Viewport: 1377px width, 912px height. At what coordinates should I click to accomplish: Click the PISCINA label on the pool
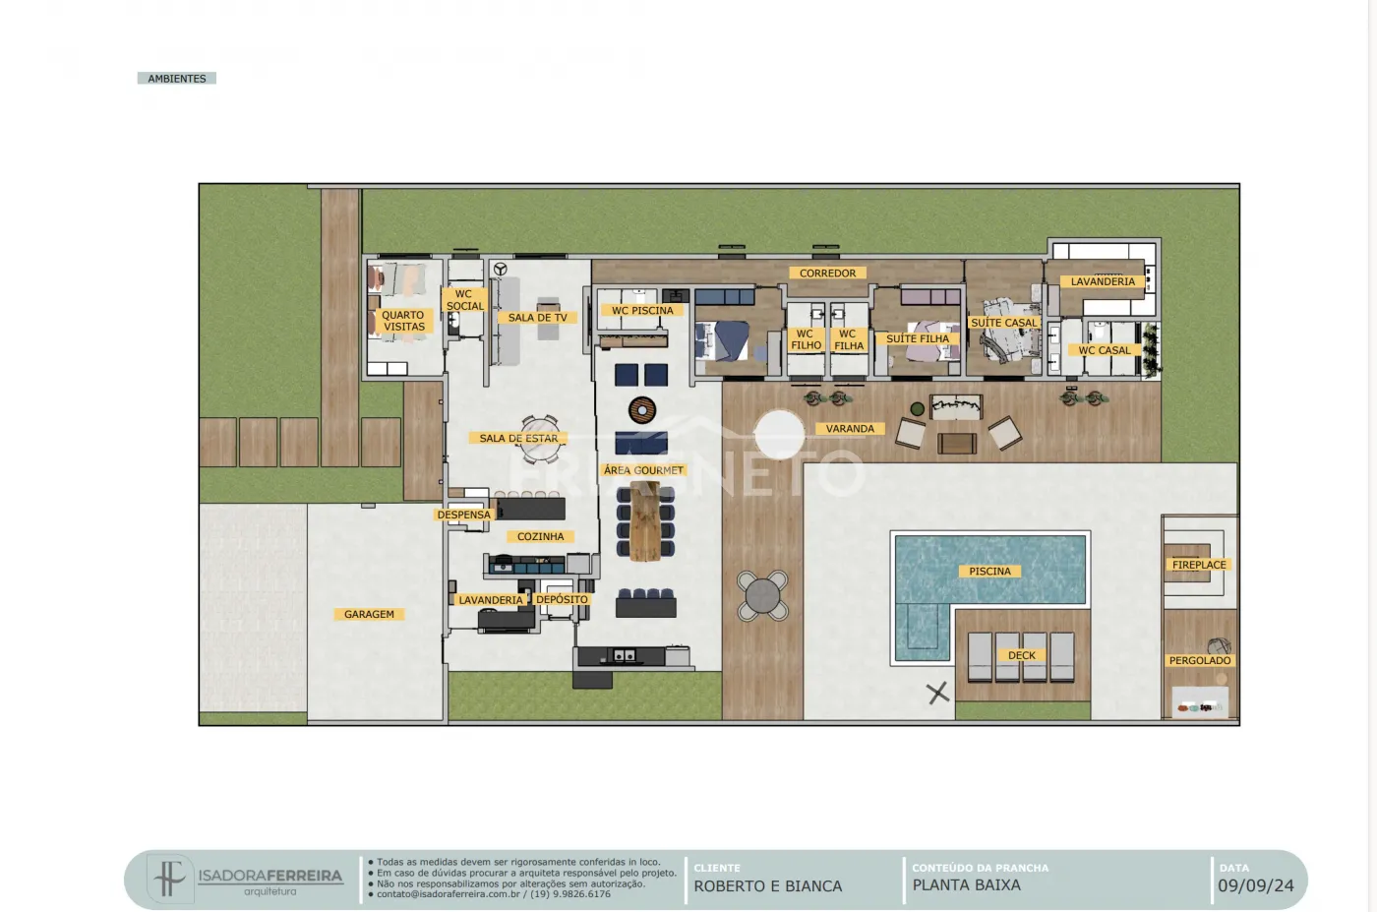point(989,572)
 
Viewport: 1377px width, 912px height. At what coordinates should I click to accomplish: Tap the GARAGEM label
point(369,614)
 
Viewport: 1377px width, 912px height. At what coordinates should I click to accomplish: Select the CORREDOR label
point(827,274)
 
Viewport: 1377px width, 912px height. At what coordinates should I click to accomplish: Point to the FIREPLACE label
point(1199,565)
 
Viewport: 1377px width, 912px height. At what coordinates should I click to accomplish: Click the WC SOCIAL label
point(464,300)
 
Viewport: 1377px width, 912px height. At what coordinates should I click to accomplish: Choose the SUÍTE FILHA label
point(917,338)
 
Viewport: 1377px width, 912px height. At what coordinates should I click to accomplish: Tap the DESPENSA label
point(463,515)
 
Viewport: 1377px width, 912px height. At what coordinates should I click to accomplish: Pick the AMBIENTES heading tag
point(176,78)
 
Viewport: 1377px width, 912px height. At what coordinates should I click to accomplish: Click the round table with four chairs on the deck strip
point(762,595)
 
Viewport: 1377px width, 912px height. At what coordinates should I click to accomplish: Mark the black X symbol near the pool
point(938,693)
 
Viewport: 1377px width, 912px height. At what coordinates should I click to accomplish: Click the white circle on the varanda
point(779,434)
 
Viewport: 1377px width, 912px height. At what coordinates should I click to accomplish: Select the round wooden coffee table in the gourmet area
point(641,410)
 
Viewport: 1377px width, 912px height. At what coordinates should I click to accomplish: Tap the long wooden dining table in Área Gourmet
point(645,521)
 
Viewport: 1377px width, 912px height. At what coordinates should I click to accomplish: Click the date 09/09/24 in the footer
point(1256,885)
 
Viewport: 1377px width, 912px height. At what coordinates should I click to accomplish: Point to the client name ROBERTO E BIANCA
point(768,886)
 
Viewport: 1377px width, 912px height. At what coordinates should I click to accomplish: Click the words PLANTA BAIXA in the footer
point(966,884)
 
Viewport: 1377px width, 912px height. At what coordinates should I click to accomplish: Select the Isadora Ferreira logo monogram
point(169,878)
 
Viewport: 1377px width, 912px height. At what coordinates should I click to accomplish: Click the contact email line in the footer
point(494,894)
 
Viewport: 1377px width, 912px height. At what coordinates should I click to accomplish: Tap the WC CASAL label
point(1104,350)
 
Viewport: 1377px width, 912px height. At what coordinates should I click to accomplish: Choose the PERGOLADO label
point(1199,660)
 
